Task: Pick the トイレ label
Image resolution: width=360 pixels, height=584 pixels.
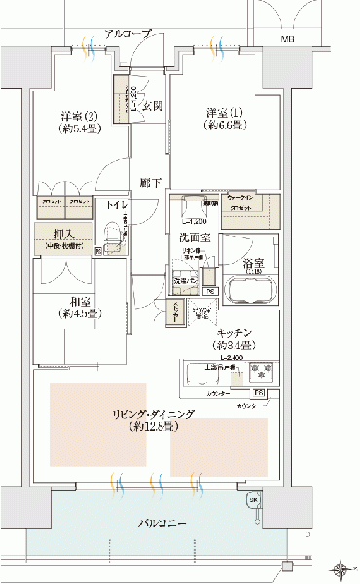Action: (x=115, y=206)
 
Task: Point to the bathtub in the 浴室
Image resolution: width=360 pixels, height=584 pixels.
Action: (x=248, y=291)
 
